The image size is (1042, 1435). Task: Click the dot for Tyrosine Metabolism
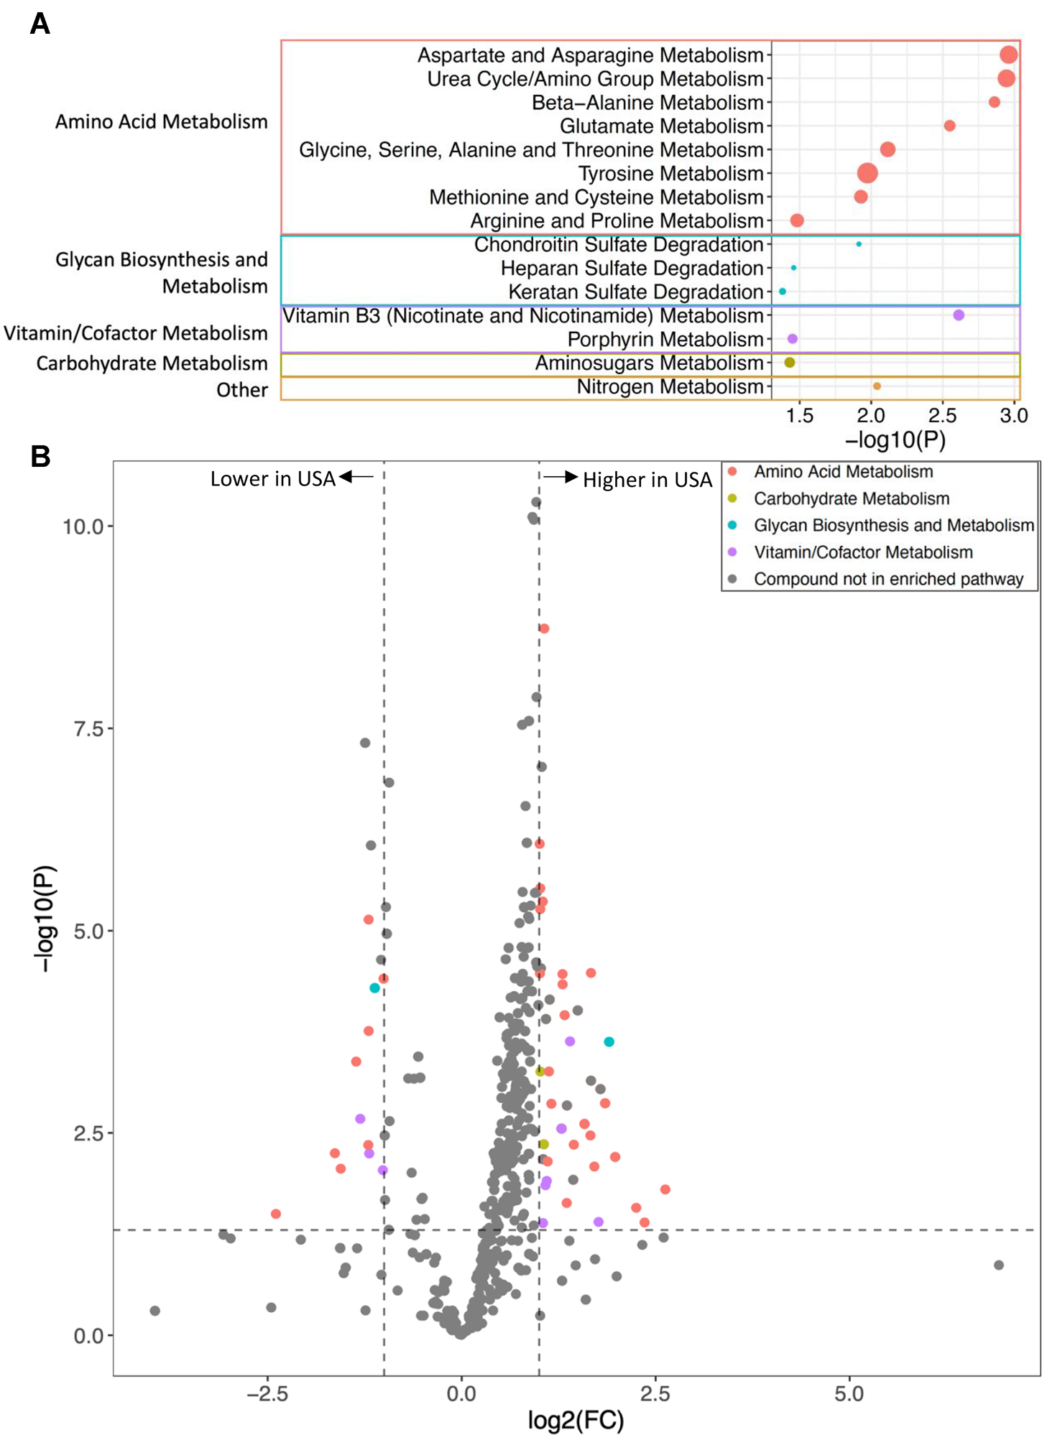click(x=867, y=173)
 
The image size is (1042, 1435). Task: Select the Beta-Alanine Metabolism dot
click(x=995, y=102)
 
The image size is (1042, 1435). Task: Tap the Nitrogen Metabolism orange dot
click(x=877, y=386)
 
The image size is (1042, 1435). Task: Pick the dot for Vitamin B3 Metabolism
click(x=959, y=315)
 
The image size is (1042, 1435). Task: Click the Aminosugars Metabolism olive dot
click(x=790, y=363)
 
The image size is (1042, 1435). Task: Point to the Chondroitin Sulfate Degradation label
click(x=618, y=245)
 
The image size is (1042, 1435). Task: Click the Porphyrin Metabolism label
click(x=665, y=339)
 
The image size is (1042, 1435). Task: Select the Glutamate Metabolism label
click(x=661, y=126)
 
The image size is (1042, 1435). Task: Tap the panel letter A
click(x=40, y=24)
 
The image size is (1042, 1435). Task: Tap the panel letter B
click(x=40, y=456)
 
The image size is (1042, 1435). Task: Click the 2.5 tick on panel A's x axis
click(x=942, y=416)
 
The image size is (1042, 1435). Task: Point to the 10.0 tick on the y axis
click(x=83, y=526)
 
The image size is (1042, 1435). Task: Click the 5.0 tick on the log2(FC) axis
click(x=849, y=1394)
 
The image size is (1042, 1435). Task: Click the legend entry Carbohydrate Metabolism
click(x=851, y=498)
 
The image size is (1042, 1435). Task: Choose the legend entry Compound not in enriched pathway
click(x=888, y=580)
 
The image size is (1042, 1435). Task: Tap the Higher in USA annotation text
click(x=647, y=480)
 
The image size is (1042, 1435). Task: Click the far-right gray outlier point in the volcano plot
click(x=999, y=1265)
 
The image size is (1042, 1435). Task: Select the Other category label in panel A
click(x=241, y=390)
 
